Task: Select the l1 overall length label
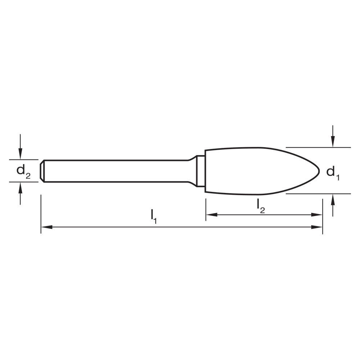point(154,216)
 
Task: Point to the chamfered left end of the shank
point(42,171)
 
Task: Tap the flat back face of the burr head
point(205,171)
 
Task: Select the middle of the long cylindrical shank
point(115,171)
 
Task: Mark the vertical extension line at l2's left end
point(206,209)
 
